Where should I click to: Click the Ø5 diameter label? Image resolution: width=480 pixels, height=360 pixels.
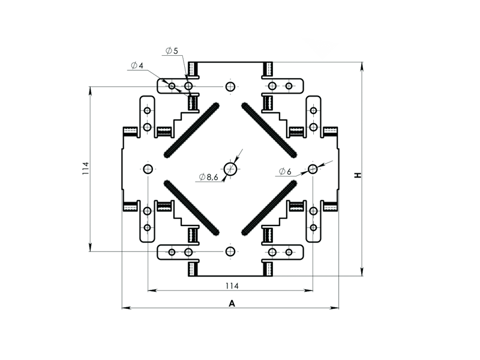172,51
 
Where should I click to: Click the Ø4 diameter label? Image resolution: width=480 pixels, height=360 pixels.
137,65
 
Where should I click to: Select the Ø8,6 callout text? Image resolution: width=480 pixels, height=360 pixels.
208,176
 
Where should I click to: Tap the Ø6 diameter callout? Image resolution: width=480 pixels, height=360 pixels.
286,172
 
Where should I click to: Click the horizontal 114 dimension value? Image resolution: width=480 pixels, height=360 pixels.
232,286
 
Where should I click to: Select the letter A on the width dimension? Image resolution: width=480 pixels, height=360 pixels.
232,304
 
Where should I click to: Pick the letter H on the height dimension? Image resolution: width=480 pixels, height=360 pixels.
358,175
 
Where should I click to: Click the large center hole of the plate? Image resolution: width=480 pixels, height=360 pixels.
230,169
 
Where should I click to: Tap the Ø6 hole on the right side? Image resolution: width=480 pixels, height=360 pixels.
313,169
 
